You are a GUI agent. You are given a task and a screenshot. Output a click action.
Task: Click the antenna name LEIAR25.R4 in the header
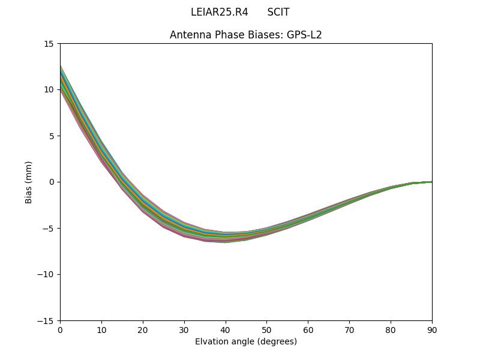click(219, 12)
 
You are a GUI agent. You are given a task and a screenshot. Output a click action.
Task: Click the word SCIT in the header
click(278, 12)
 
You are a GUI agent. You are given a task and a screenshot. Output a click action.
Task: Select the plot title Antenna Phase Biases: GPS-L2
click(246, 35)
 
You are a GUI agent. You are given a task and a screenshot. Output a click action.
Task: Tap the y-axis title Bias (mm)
click(29, 182)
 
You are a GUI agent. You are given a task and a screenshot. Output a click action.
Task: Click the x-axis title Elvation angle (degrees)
click(246, 341)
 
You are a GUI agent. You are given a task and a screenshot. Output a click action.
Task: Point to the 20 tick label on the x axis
click(143, 330)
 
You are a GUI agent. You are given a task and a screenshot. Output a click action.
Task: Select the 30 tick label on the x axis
click(184, 330)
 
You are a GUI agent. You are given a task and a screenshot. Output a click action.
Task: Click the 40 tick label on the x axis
click(226, 330)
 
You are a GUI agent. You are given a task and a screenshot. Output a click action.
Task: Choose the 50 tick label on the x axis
click(266, 330)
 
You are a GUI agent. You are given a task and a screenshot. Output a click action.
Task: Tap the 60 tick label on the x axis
click(308, 330)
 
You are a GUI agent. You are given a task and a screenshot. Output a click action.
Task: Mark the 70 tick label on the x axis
click(349, 330)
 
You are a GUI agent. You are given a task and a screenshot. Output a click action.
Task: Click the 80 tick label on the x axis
click(391, 330)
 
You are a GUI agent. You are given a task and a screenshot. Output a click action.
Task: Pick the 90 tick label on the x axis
click(432, 330)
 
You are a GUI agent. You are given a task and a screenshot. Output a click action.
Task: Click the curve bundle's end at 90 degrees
click(431, 182)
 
